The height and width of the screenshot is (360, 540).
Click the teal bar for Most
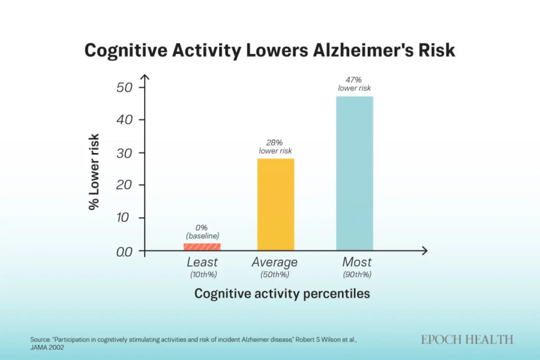354,173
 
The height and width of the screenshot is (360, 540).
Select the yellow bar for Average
276,204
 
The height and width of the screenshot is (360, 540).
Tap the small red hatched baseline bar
202,247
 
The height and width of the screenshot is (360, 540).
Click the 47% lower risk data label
354,83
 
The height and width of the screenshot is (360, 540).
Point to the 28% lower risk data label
276,146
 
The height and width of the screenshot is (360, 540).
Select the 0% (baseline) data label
202,231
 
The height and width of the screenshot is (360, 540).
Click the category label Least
202,262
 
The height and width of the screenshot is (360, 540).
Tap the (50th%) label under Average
274,275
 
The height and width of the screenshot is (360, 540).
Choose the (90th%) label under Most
357,275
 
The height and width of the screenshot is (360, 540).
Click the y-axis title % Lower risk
94,172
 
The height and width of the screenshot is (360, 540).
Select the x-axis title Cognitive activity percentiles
282,294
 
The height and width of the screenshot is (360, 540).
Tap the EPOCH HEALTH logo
467,339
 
